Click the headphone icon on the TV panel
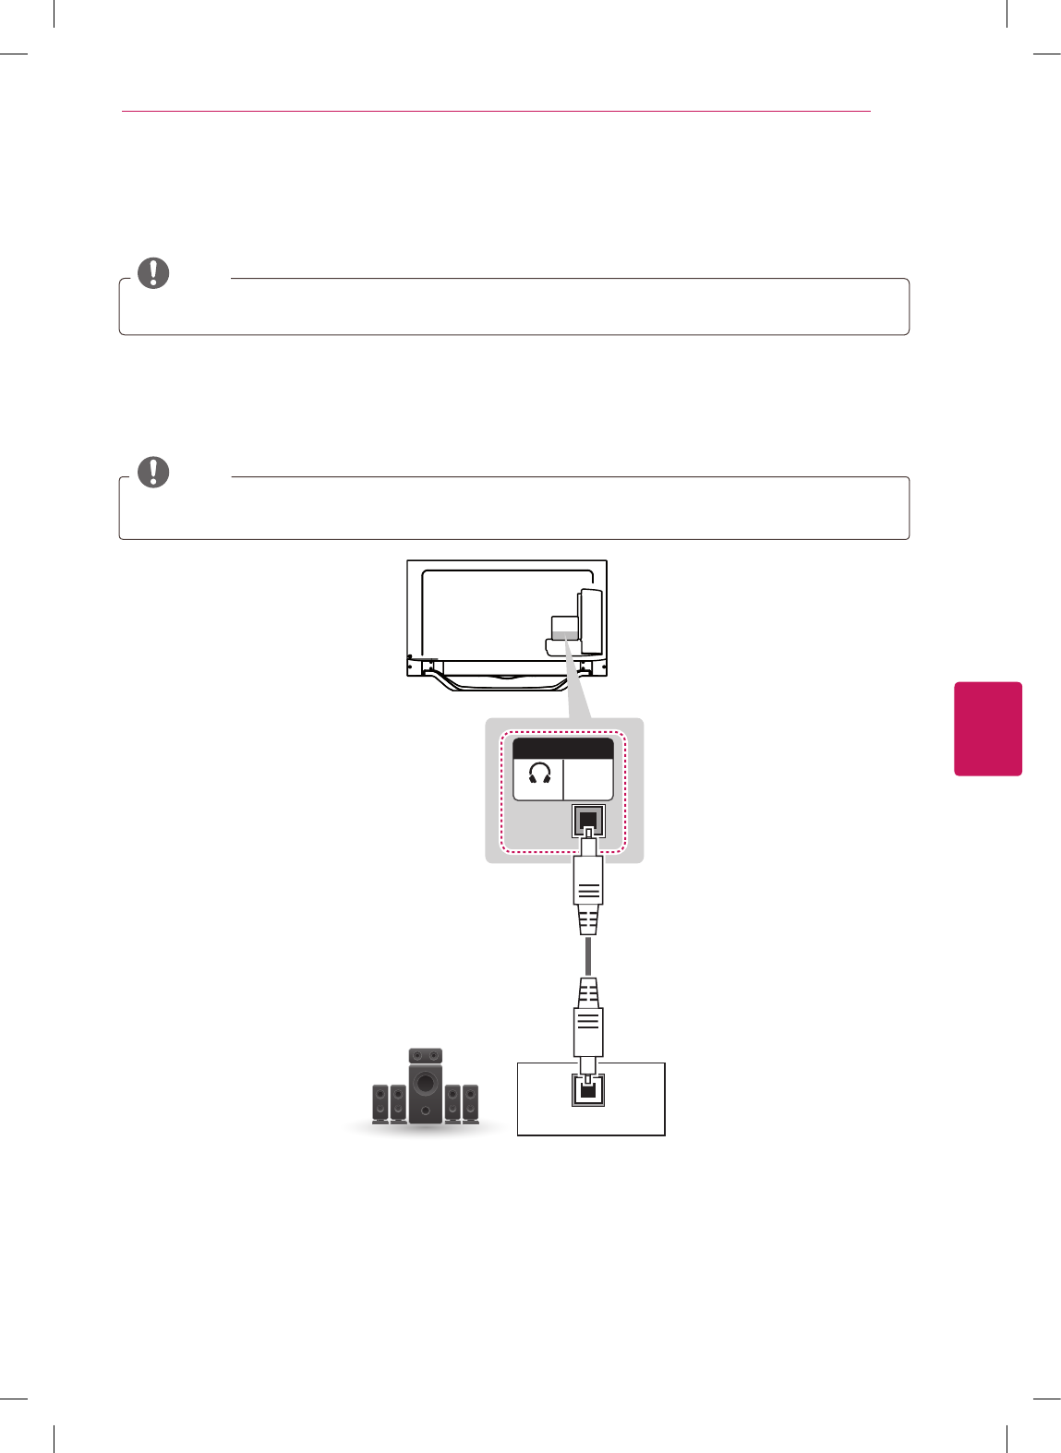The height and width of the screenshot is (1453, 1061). [x=540, y=773]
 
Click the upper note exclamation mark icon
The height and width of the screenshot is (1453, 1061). [x=153, y=272]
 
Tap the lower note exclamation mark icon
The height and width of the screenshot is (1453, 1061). [x=153, y=472]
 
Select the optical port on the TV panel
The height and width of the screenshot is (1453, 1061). [x=588, y=820]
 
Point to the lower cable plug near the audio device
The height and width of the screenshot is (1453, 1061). [x=588, y=1020]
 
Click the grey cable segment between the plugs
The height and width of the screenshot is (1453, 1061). [x=588, y=956]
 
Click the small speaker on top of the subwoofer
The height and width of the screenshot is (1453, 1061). [x=426, y=1055]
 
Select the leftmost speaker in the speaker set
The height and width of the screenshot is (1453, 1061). [x=380, y=1104]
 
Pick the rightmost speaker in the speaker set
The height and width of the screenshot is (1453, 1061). [x=471, y=1104]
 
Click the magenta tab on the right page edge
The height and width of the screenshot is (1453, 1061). [x=988, y=728]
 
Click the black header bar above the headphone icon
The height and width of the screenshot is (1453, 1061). [x=563, y=749]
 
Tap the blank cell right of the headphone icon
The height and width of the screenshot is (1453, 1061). [x=588, y=780]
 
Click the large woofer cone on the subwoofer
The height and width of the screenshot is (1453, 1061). [x=425, y=1084]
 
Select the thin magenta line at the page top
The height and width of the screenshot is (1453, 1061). [x=496, y=111]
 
